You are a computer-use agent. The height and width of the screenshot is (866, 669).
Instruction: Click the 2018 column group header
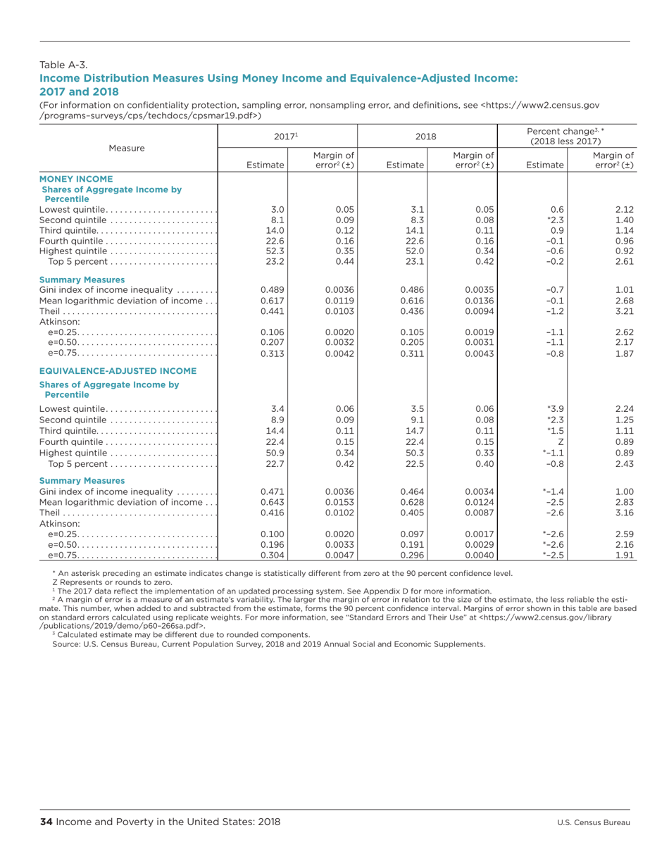coord(437,135)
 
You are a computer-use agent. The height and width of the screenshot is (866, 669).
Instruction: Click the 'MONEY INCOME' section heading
coord(76,179)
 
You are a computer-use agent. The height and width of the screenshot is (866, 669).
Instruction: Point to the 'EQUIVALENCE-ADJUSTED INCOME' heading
coord(118,370)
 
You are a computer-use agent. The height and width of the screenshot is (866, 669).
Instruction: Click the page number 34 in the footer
coord(46,822)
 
